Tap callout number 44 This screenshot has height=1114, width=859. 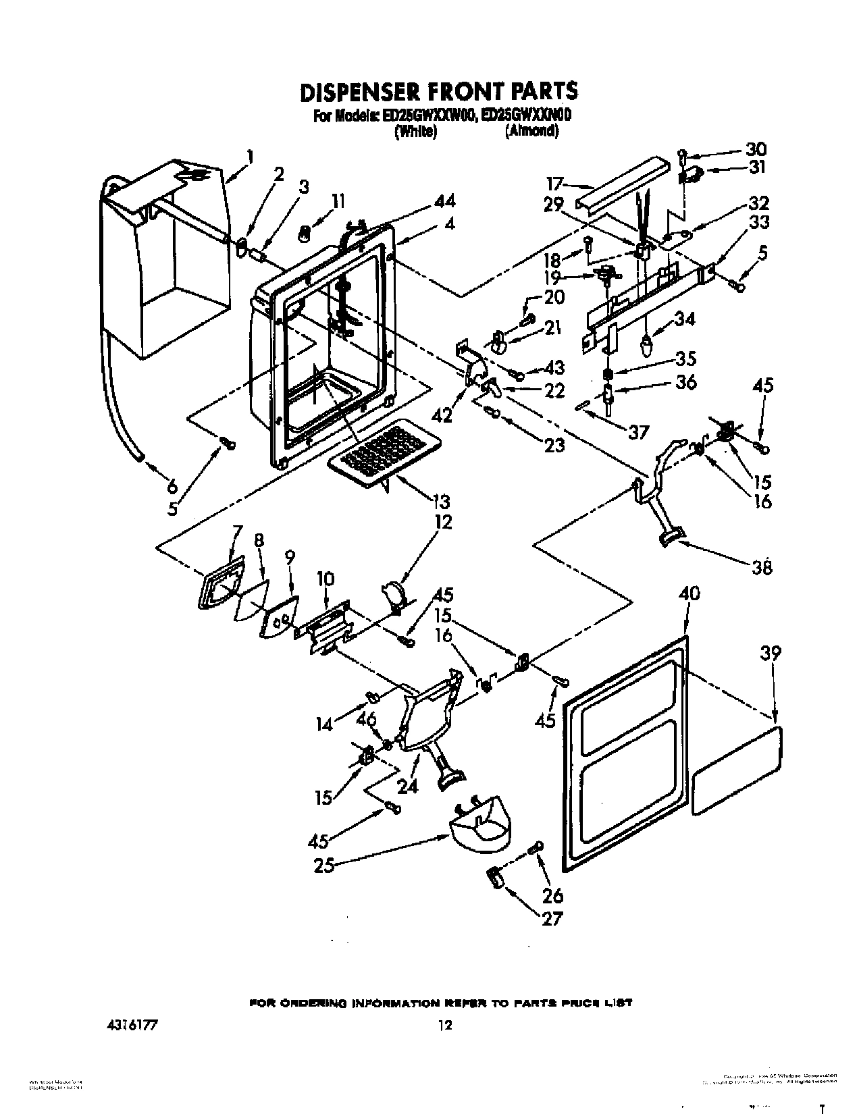coord(446,201)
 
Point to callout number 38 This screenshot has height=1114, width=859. coord(761,567)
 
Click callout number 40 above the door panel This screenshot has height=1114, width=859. coord(689,594)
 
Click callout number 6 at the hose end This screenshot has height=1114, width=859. coord(172,485)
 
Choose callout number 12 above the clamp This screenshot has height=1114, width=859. coord(444,522)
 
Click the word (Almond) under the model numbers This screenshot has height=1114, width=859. coord(531,132)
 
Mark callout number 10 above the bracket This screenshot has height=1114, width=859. coord(325,579)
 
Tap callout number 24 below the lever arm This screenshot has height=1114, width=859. coord(407,786)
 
